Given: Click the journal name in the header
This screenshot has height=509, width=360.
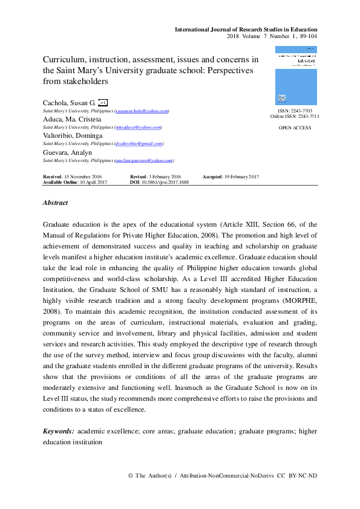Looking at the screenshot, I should click(x=246, y=30).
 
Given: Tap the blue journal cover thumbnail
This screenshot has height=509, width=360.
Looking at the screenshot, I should click(x=295, y=76).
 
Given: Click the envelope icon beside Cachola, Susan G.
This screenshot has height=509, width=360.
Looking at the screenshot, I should click(x=103, y=103).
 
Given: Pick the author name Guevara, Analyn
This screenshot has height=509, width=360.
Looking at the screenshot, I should click(x=67, y=152).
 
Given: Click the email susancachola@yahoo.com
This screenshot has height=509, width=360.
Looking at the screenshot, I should click(x=142, y=111).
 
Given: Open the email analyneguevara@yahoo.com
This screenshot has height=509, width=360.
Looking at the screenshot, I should click(x=144, y=161).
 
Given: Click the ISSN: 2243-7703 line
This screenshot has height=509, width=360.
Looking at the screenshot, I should click(x=295, y=111).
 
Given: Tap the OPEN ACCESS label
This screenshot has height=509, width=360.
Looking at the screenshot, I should click(x=295, y=128).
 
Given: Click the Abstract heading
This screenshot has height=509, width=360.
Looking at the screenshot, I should click(x=55, y=203).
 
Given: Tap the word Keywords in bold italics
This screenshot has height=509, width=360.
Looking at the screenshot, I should click(x=58, y=431).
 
